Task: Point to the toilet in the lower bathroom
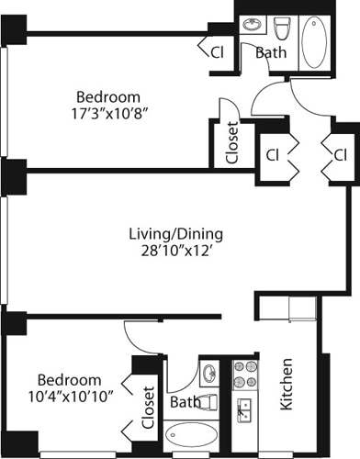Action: tap(208, 401)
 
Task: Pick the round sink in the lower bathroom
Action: tap(209, 373)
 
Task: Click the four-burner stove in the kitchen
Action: tap(243, 375)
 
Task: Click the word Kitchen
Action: tap(286, 382)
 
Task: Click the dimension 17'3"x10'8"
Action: tap(107, 115)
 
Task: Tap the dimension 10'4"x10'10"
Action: tap(69, 397)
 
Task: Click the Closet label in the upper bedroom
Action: tap(231, 142)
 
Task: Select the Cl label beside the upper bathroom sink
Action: tap(218, 52)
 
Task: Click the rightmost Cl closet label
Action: tap(339, 152)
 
